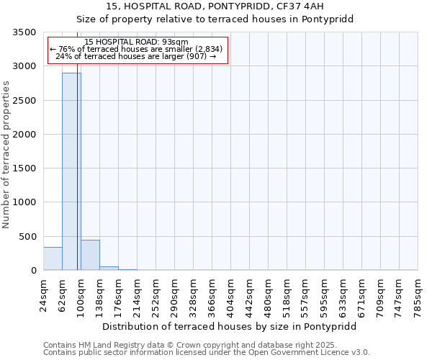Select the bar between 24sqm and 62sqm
(53, 258)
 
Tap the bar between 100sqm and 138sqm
(90, 255)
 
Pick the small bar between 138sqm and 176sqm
(109, 268)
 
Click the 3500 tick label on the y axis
(24, 32)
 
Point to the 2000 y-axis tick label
(24, 135)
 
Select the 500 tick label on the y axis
(27, 237)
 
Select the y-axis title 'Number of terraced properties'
(6, 154)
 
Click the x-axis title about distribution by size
(230, 326)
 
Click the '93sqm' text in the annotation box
(175, 42)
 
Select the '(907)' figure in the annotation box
(196, 56)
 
